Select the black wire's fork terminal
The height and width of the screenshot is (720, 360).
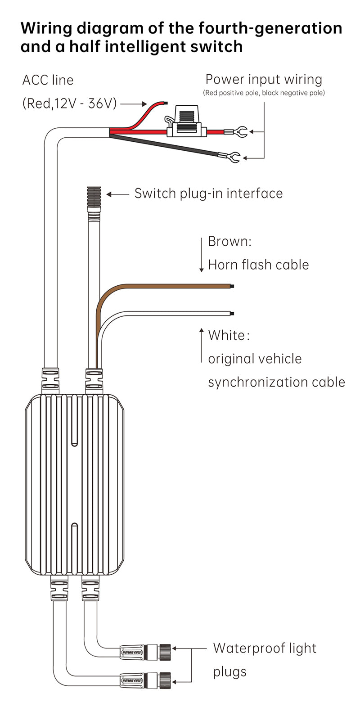234,158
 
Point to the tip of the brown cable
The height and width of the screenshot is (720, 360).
232,286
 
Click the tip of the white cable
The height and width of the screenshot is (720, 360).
232,313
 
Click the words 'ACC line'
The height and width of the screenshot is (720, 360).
48,80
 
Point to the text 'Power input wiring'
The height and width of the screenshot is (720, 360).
264,79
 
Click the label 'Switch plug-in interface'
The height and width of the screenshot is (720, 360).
208,193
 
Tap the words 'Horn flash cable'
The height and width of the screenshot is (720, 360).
258,265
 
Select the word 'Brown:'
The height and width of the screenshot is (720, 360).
229,241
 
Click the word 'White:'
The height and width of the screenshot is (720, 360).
229,335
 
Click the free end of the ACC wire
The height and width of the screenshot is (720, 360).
166,103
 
